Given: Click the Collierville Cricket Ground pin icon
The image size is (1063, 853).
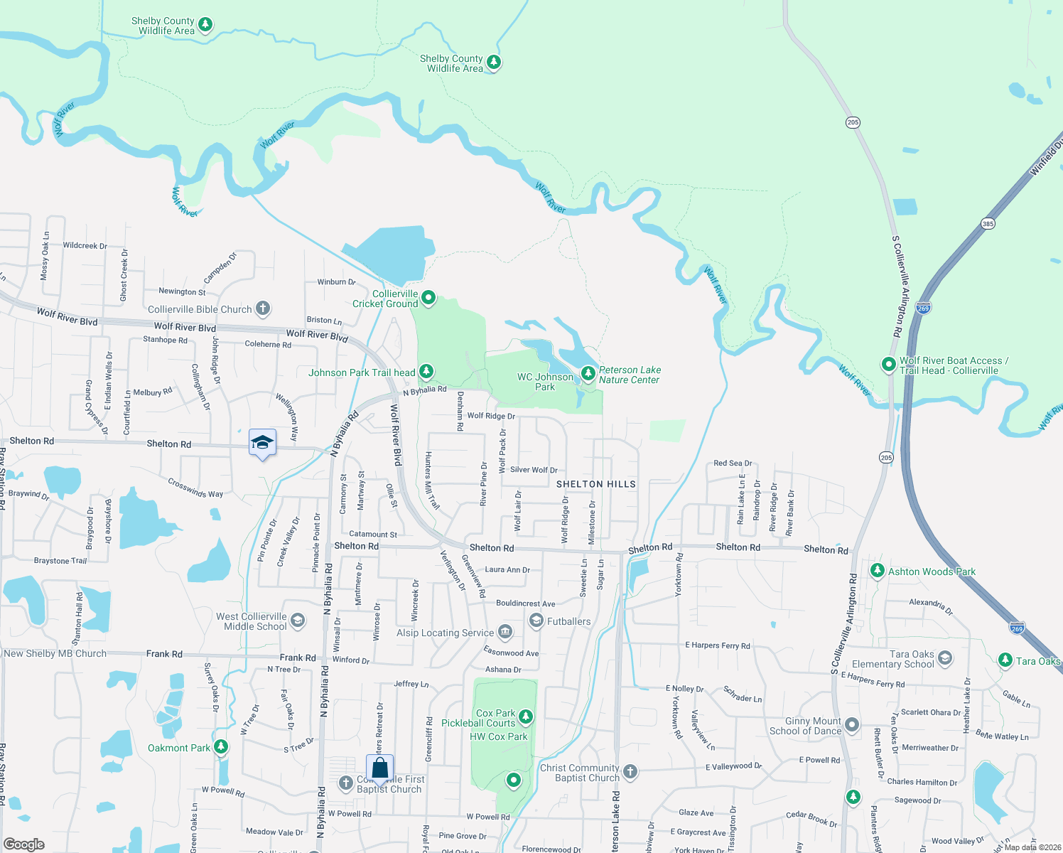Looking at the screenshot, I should click(x=428, y=298).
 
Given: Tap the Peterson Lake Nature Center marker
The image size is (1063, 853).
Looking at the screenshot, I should click(x=588, y=373).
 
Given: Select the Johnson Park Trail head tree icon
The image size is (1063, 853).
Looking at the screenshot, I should click(x=426, y=371).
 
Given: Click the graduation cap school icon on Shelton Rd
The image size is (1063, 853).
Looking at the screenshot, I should click(x=262, y=443).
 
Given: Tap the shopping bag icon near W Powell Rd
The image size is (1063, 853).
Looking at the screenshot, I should click(x=380, y=768).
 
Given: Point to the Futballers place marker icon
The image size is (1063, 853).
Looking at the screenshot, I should click(x=536, y=621).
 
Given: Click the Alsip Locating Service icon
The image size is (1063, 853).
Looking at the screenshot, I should click(x=505, y=631).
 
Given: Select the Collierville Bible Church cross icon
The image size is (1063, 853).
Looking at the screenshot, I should click(x=263, y=309).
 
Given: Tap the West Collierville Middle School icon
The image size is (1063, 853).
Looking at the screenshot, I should click(x=298, y=621).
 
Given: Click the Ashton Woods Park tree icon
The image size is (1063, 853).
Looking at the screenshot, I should click(x=878, y=571).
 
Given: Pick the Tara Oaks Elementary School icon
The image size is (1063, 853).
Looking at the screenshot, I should click(x=945, y=658).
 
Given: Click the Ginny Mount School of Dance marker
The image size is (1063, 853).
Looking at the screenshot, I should click(x=852, y=726).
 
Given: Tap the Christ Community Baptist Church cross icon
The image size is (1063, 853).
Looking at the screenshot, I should click(x=630, y=772).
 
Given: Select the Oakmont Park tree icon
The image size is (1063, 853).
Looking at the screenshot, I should click(x=221, y=747).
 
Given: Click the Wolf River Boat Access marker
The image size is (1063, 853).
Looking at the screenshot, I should click(x=888, y=365).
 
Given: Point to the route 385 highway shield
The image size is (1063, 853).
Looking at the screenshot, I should click(x=988, y=224).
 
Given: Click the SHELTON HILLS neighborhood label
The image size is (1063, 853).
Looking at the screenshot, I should click(x=595, y=484).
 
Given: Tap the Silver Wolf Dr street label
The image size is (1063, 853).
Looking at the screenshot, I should click(x=534, y=470).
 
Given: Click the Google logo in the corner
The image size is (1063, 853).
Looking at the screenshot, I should click(x=24, y=844).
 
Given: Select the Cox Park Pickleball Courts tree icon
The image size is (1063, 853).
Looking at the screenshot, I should click(x=526, y=717).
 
